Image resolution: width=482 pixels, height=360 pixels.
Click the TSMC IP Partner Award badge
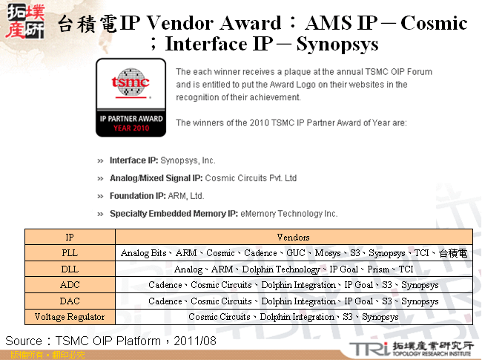tap(129, 96)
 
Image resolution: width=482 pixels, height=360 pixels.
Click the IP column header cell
tap(70, 238)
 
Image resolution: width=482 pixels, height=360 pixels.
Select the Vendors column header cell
tap(293, 238)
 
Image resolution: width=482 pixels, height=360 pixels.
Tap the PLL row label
tap(70, 253)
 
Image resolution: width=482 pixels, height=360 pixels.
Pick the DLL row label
tap(70, 269)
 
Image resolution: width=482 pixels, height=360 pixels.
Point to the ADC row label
tap(70, 285)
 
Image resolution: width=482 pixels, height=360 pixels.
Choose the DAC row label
tap(70, 301)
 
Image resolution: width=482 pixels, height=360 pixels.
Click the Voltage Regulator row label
tap(70, 317)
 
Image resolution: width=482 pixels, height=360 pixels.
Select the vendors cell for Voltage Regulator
tap(293, 317)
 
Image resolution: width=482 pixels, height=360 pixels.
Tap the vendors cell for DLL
tap(293, 269)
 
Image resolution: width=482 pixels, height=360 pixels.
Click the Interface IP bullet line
tap(162, 160)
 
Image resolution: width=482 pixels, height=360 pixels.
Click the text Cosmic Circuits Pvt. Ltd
tap(251, 178)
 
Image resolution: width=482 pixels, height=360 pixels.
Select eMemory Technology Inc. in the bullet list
tap(288, 214)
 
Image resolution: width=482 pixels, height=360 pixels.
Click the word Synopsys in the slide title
tap(337, 45)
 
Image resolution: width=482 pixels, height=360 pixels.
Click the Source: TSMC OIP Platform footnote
tap(111, 341)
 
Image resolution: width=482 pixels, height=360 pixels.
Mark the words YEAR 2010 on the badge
tap(129, 128)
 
